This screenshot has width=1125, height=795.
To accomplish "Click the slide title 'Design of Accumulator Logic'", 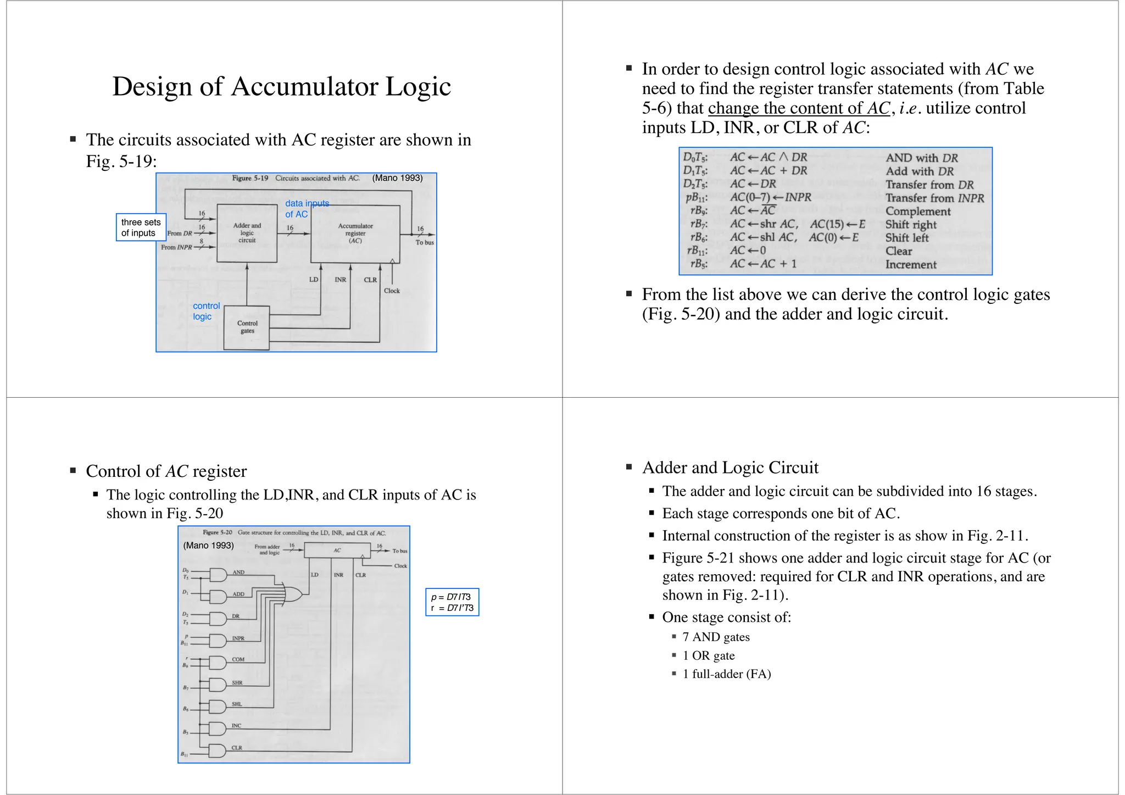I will tap(281, 87).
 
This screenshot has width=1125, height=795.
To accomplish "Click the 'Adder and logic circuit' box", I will tap(247, 233).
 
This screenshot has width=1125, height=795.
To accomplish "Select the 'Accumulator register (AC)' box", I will tap(355, 234).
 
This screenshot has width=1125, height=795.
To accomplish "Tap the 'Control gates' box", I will tap(247, 327).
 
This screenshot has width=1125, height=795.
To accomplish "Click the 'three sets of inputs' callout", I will tap(141, 227).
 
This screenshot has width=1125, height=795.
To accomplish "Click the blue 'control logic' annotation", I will tap(206, 311).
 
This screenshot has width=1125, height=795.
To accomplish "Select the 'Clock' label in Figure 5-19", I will tap(392, 291).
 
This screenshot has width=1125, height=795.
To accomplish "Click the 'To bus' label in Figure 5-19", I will tap(425, 242).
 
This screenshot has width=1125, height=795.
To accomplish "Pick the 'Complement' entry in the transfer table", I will tap(917, 212).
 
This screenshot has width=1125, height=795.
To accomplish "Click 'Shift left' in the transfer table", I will tap(906, 238).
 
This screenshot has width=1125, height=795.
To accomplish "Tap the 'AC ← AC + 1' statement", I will tap(763, 264).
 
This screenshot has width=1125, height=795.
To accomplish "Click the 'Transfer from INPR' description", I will tap(934, 198).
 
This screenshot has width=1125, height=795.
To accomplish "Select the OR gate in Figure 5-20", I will tap(292, 594).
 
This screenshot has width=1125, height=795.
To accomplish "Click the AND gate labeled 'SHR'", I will tap(218, 685).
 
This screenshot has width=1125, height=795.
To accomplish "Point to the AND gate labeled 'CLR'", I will tap(218, 750).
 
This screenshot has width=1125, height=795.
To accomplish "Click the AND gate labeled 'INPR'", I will tap(218, 641).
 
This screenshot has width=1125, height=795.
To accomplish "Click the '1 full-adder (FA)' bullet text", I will tap(726, 674).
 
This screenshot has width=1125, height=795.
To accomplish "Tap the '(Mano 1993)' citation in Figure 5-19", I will tap(397, 178).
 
